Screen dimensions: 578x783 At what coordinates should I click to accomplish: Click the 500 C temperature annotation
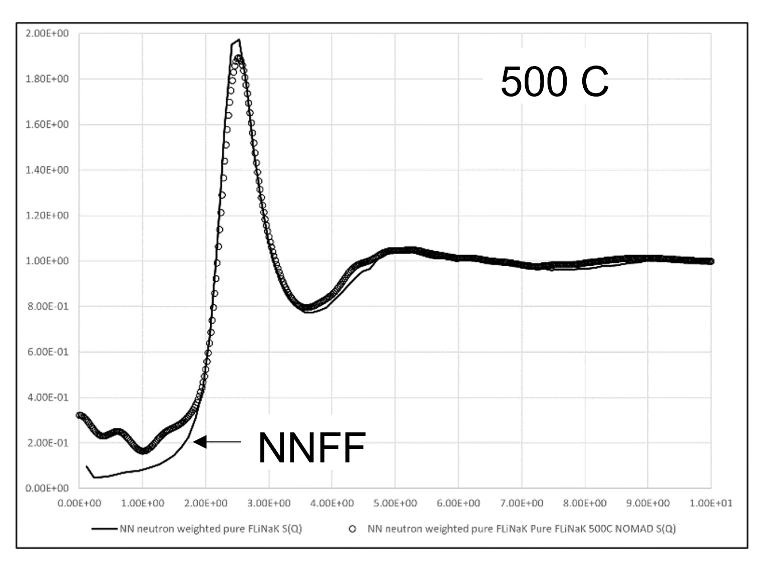click(554, 82)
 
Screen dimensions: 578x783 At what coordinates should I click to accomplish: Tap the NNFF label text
click(311, 448)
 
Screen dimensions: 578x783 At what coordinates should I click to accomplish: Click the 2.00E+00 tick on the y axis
click(47, 34)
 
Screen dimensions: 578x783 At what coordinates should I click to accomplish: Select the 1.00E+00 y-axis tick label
click(47, 261)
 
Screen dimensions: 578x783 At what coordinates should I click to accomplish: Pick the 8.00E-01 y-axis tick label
click(47, 306)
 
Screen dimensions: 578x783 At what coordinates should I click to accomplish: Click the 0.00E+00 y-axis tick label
click(47, 488)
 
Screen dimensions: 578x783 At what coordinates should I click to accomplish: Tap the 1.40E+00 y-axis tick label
click(47, 170)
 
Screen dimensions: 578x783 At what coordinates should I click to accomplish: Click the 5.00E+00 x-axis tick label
click(395, 503)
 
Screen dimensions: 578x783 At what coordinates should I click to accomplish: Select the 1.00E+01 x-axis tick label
click(710, 503)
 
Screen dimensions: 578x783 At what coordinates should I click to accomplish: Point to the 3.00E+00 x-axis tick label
click(269, 503)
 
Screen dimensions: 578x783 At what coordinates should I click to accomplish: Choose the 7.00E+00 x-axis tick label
click(521, 503)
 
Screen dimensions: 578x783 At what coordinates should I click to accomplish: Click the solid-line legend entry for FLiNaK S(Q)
click(210, 529)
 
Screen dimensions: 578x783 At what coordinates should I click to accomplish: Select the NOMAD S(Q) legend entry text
click(521, 529)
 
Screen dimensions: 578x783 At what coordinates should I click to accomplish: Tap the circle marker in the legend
click(353, 529)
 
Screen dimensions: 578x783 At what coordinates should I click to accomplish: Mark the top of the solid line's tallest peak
click(239, 40)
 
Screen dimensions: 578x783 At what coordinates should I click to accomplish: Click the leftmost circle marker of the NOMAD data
click(79, 415)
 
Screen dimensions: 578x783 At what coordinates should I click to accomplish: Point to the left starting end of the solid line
click(87, 466)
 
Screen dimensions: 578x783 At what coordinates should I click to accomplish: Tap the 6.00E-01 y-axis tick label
click(47, 352)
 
